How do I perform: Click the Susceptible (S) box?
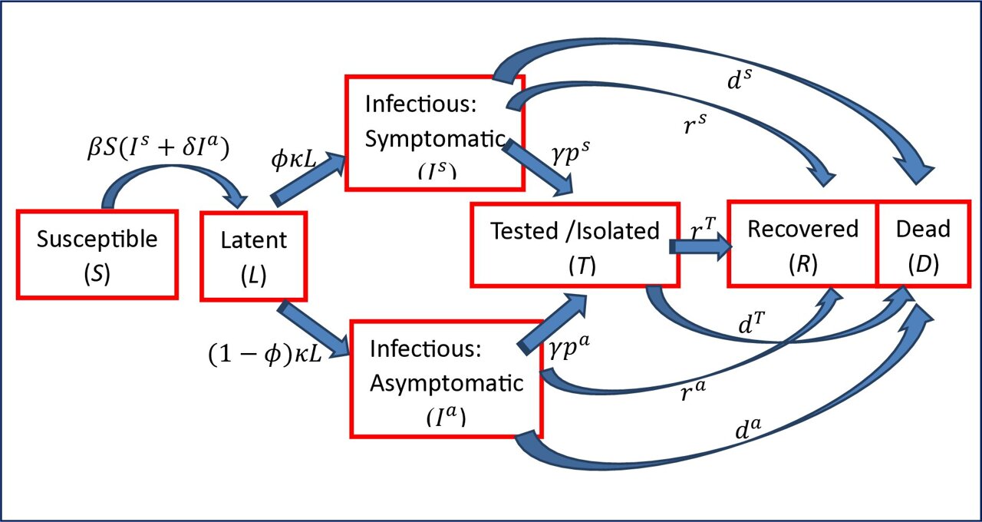click(97, 253)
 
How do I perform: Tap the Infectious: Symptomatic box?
click(434, 132)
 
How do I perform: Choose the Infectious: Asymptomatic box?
click(446, 378)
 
